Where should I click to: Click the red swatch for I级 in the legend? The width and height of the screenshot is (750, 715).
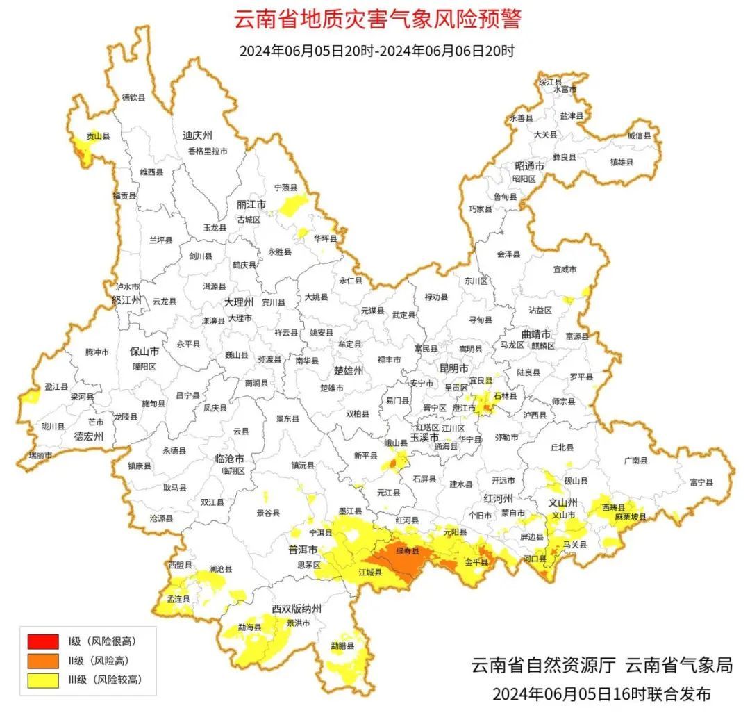(x=43, y=640)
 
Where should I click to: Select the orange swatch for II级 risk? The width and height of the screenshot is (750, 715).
(x=43, y=660)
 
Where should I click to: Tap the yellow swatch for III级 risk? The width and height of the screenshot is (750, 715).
(x=43, y=680)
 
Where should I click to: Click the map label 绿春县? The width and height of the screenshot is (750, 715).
(x=408, y=551)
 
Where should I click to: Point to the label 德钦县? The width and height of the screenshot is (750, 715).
(x=133, y=98)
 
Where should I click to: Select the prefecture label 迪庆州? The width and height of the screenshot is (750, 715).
(x=197, y=135)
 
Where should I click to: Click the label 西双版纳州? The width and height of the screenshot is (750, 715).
(x=297, y=609)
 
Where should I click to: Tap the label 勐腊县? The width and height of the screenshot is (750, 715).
(x=342, y=646)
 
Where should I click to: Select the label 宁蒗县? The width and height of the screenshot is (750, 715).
(x=285, y=188)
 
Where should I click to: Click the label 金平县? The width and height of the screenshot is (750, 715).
(x=477, y=561)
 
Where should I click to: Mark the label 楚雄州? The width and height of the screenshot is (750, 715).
(x=349, y=371)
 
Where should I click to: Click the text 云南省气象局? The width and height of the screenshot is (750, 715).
(x=678, y=665)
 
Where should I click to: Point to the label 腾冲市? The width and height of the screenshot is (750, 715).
(x=97, y=352)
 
